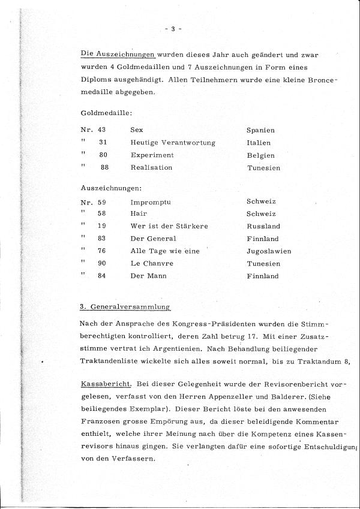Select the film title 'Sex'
(136, 129)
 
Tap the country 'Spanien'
(260, 129)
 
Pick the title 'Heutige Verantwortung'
(172, 143)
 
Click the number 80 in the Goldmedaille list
(103, 155)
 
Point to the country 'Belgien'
(260, 155)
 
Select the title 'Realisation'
(151, 168)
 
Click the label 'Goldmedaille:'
(106, 112)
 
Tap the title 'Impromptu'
(151, 202)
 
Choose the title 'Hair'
(138, 213)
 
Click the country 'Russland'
(263, 227)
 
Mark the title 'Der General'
(152, 239)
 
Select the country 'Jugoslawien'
(268, 251)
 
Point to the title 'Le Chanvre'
(151, 263)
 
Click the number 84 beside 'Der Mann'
(103, 276)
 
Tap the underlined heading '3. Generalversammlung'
(125, 307)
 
